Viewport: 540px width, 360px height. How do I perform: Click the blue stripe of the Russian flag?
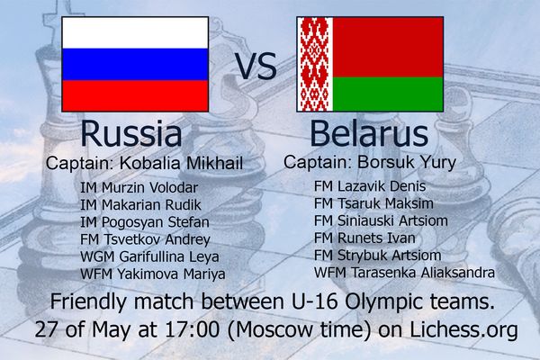pyautogui.click(x=135, y=65)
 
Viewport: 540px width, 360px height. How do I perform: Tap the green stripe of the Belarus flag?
pyautogui.click(x=388, y=94)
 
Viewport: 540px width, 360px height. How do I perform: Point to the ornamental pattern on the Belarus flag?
pyautogui.click(x=315, y=64)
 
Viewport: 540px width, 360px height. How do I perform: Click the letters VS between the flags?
pyautogui.click(x=256, y=67)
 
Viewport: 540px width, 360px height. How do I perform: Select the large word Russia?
pyautogui.click(x=131, y=133)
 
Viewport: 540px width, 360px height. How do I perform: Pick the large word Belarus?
pyautogui.click(x=369, y=133)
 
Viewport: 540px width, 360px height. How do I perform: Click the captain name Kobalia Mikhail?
pyautogui.click(x=181, y=163)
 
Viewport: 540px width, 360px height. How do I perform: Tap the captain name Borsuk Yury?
pyautogui.click(x=407, y=162)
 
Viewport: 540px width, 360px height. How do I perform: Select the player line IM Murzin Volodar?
pyautogui.click(x=139, y=188)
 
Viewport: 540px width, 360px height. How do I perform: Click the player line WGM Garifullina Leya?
pyautogui.click(x=149, y=256)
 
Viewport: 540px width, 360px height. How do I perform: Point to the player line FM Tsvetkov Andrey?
pyautogui.click(x=145, y=239)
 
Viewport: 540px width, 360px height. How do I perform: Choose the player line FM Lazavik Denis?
pyautogui.click(x=370, y=186)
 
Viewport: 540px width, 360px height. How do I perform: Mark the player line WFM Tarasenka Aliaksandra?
pyautogui.click(x=404, y=273)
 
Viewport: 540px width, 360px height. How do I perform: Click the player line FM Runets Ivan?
pyautogui.click(x=364, y=238)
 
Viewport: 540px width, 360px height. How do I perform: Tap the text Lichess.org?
pyautogui.click(x=463, y=329)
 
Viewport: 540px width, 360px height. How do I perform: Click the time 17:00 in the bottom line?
pyautogui.click(x=193, y=329)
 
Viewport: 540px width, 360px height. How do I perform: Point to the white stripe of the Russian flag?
pyautogui.click(x=135, y=32)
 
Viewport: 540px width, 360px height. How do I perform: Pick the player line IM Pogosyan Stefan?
pyautogui.click(x=145, y=222)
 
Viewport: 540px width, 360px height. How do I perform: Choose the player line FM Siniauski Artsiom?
pyautogui.click(x=381, y=220)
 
